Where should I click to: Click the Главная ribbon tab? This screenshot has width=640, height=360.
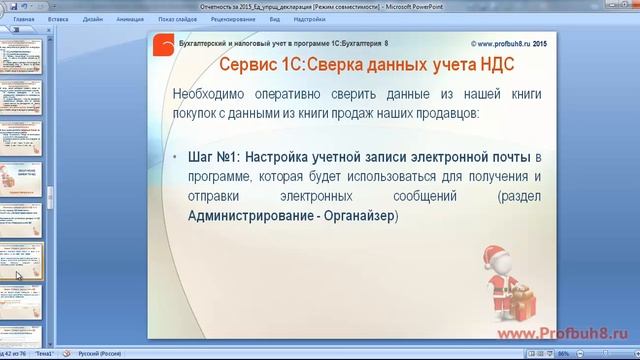(23, 19)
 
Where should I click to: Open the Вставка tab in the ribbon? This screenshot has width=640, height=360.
(58, 19)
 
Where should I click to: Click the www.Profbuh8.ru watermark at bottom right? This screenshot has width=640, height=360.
(566, 333)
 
